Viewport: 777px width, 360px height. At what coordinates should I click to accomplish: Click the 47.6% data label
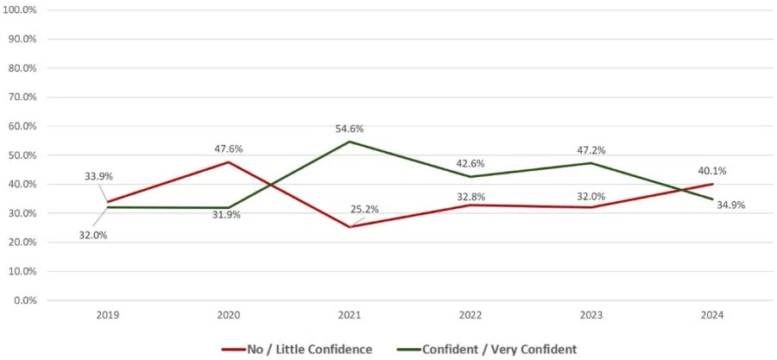[229, 148]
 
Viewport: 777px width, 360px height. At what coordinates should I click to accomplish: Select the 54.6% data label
[350, 129]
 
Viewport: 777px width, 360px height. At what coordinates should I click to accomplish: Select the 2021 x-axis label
[351, 316]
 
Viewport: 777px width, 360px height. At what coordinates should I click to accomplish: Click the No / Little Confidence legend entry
[297, 349]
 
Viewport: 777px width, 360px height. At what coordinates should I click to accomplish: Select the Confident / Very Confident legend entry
[488, 349]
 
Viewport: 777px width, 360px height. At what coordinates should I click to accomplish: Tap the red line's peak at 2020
[229, 162]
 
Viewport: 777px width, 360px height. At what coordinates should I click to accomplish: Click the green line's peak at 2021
[351, 142]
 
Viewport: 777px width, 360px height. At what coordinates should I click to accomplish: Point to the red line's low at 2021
[351, 227]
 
